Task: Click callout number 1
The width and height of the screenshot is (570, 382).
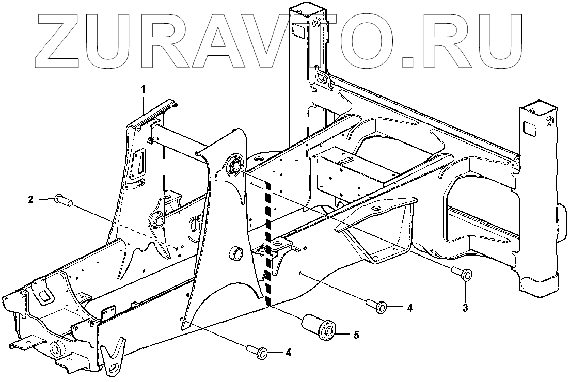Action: point(144,89)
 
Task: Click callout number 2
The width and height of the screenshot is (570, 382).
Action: point(31,199)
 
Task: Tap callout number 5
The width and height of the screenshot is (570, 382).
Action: point(356,335)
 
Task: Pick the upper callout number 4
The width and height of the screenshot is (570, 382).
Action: point(409,308)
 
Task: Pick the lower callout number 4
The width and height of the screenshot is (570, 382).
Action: point(289,353)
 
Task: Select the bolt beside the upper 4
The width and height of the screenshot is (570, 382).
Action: point(376,307)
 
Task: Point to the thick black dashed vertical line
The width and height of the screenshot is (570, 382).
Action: point(268,243)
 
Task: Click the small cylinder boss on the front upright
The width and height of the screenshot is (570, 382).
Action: point(237,253)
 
